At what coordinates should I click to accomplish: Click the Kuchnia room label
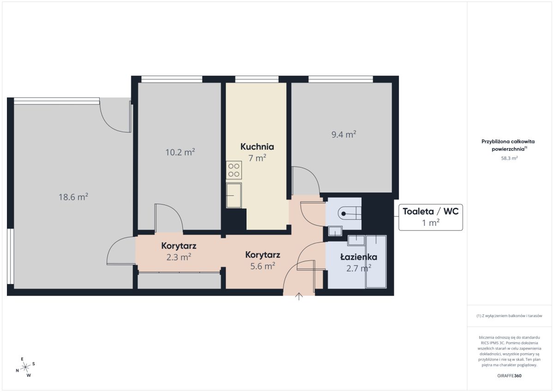point(257,147)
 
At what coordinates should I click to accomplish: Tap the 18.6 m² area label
point(73,197)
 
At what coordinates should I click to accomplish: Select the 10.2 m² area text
point(180,152)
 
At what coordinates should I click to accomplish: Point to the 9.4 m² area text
point(344,134)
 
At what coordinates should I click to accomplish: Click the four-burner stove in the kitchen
point(234,170)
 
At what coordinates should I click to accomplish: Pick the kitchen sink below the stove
point(234,195)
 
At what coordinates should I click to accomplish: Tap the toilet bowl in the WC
point(349,213)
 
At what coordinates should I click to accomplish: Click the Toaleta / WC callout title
point(431,211)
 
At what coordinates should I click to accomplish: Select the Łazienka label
point(359,257)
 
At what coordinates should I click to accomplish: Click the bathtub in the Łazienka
point(376,262)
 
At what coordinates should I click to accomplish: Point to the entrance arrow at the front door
point(299,296)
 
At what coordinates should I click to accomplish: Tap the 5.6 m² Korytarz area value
point(263,266)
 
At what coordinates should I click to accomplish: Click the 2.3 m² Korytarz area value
point(179,257)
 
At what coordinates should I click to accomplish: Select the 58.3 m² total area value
point(509,158)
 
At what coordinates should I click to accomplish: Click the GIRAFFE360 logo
point(509,376)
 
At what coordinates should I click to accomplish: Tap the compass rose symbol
point(25,367)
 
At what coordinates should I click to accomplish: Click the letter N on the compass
point(18,370)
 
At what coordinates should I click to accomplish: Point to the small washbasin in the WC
point(335,231)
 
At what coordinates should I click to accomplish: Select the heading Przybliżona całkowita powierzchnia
point(508,145)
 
